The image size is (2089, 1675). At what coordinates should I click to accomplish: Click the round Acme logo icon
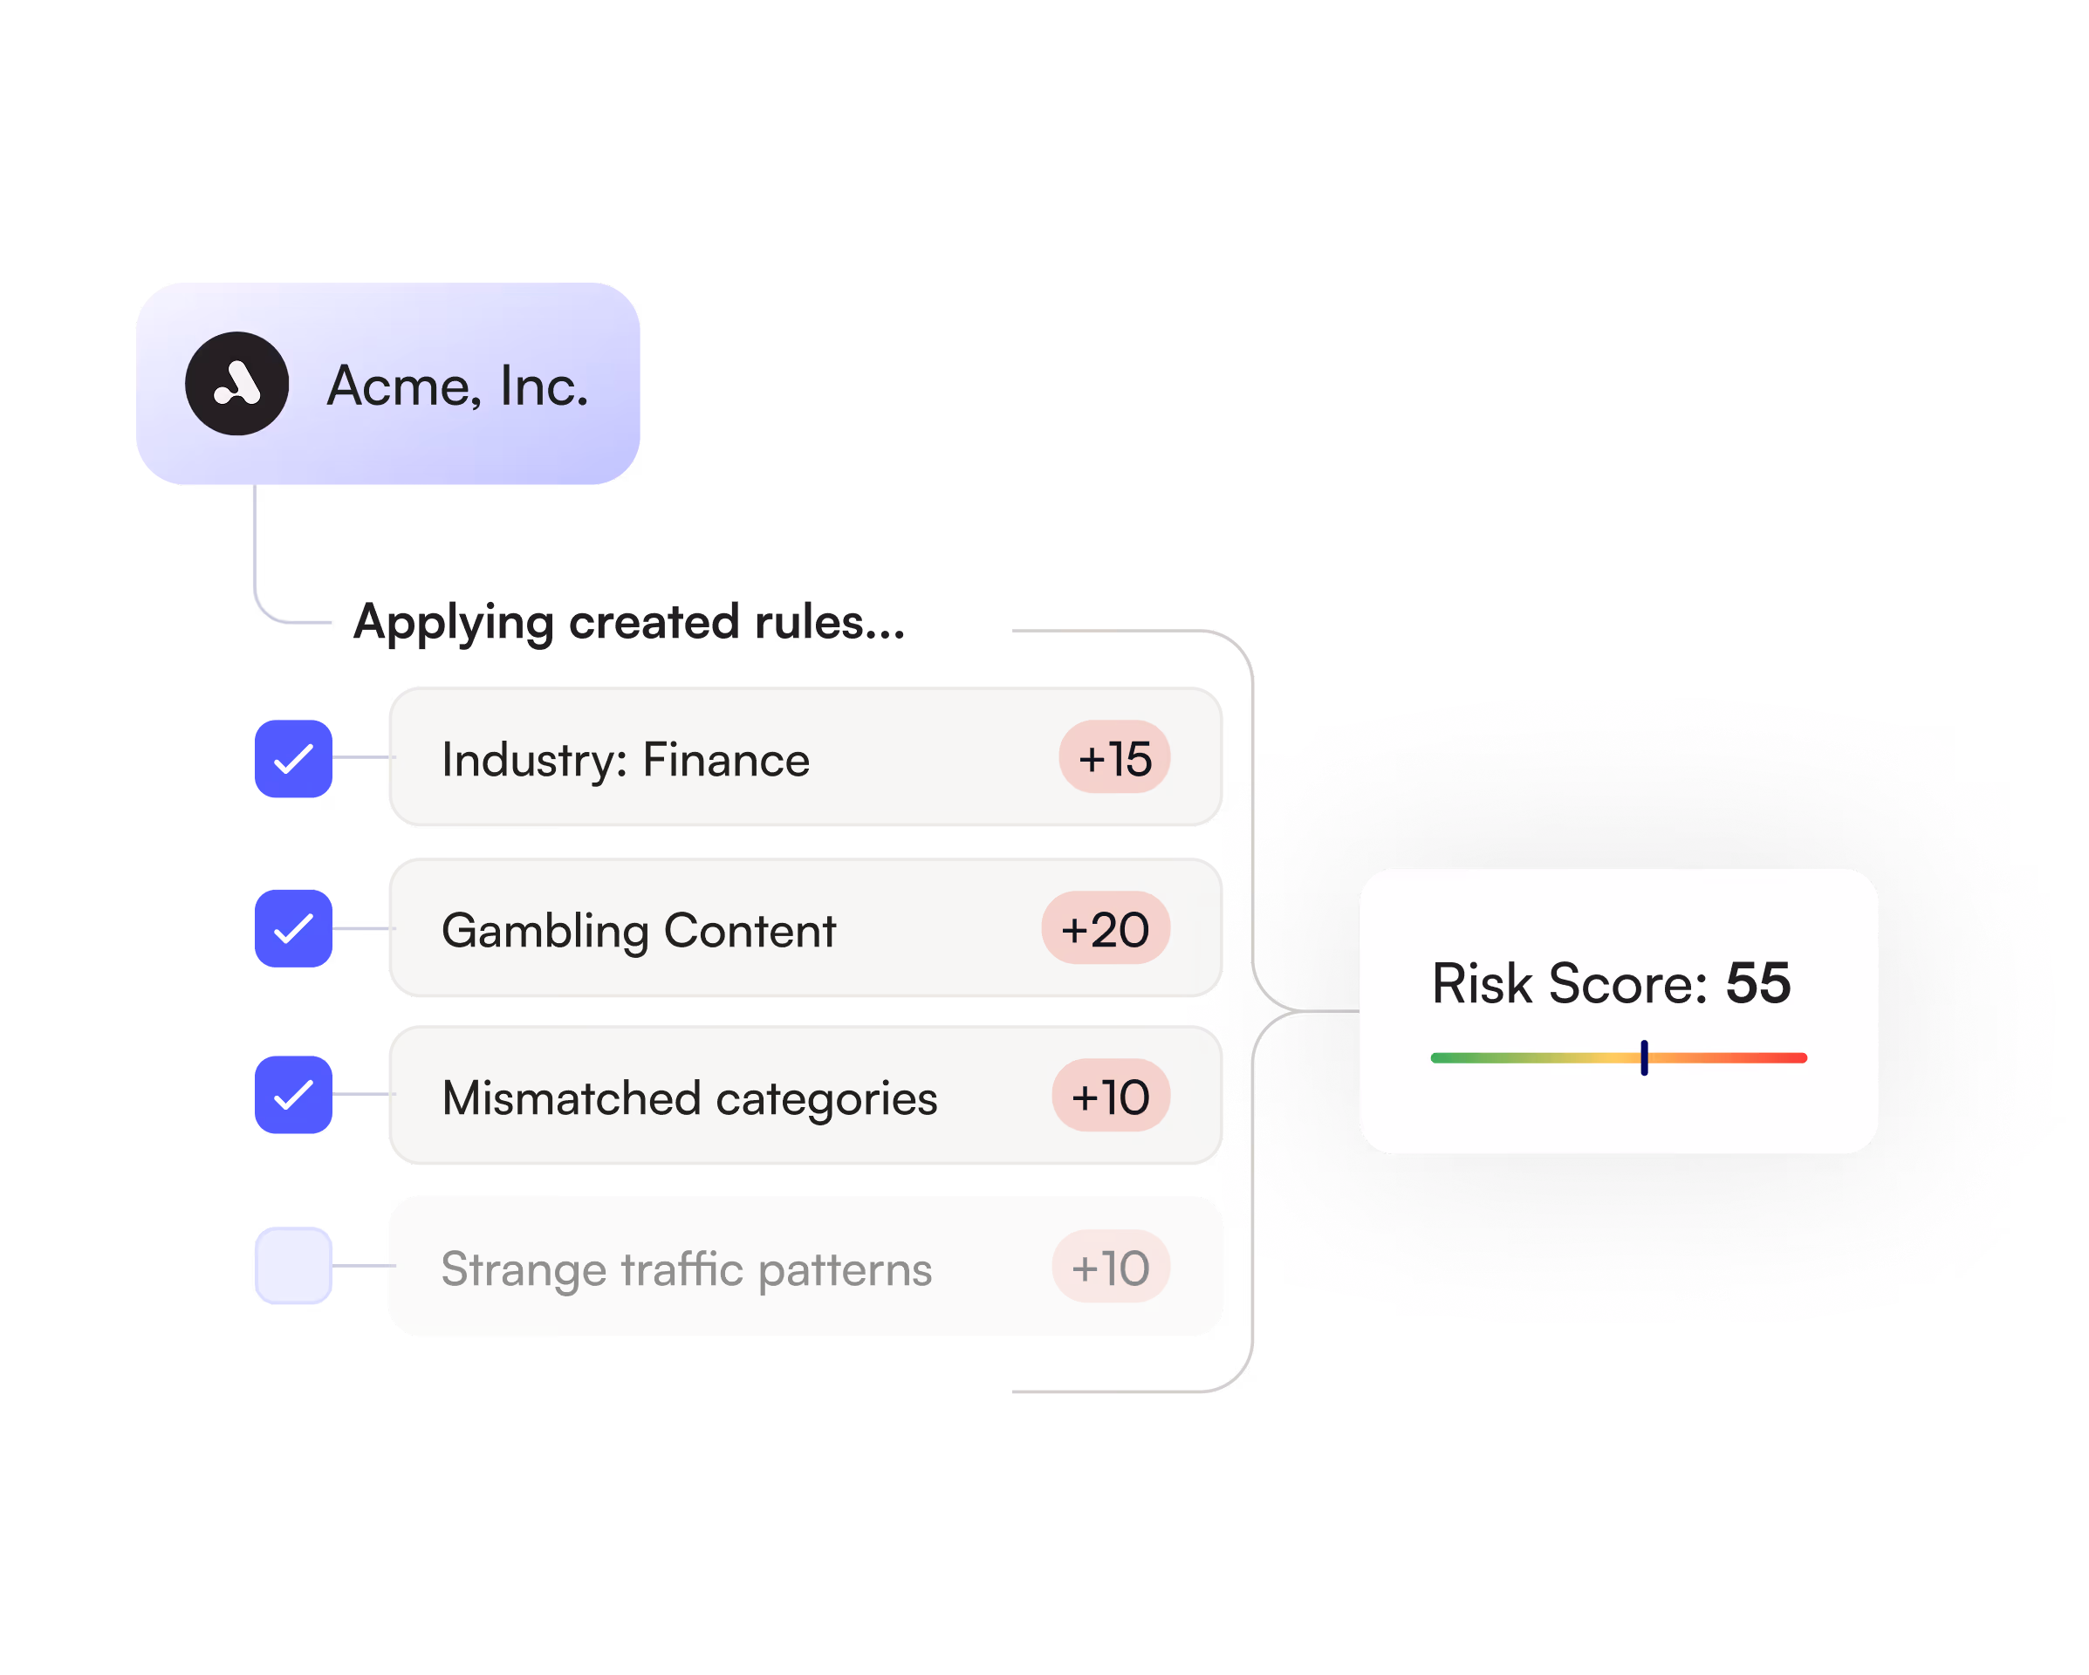pyautogui.click(x=236, y=384)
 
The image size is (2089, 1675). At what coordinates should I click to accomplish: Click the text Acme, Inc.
pyautogui.click(x=457, y=386)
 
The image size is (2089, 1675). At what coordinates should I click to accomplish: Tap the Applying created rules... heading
pyautogui.click(x=629, y=622)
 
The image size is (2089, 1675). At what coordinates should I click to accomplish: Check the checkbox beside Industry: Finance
pyautogui.click(x=293, y=758)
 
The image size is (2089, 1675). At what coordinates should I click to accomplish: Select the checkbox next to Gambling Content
pyautogui.click(x=293, y=928)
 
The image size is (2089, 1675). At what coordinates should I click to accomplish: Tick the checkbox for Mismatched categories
pyautogui.click(x=293, y=1095)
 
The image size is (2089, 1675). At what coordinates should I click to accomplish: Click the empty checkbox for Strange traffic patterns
pyautogui.click(x=293, y=1265)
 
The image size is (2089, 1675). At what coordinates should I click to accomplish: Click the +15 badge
pyautogui.click(x=1114, y=757)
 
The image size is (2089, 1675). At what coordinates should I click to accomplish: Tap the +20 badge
pyautogui.click(x=1106, y=928)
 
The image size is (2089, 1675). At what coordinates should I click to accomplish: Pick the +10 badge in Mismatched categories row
pyautogui.click(x=1111, y=1096)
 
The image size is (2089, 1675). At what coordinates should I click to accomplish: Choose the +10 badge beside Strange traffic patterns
pyautogui.click(x=1111, y=1266)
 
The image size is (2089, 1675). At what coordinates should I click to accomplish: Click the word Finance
pyautogui.click(x=726, y=760)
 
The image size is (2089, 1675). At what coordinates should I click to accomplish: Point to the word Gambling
pyautogui.click(x=545, y=931)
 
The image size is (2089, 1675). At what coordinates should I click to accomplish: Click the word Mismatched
pyautogui.click(x=571, y=1098)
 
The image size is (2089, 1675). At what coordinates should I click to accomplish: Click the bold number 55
pyautogui.click(x=1757, y=983)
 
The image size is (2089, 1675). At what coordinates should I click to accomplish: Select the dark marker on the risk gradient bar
pyautogui.click(x=1644, y=1058)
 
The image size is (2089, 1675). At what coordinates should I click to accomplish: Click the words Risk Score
pyautogui.click(x=1570, y=984)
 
